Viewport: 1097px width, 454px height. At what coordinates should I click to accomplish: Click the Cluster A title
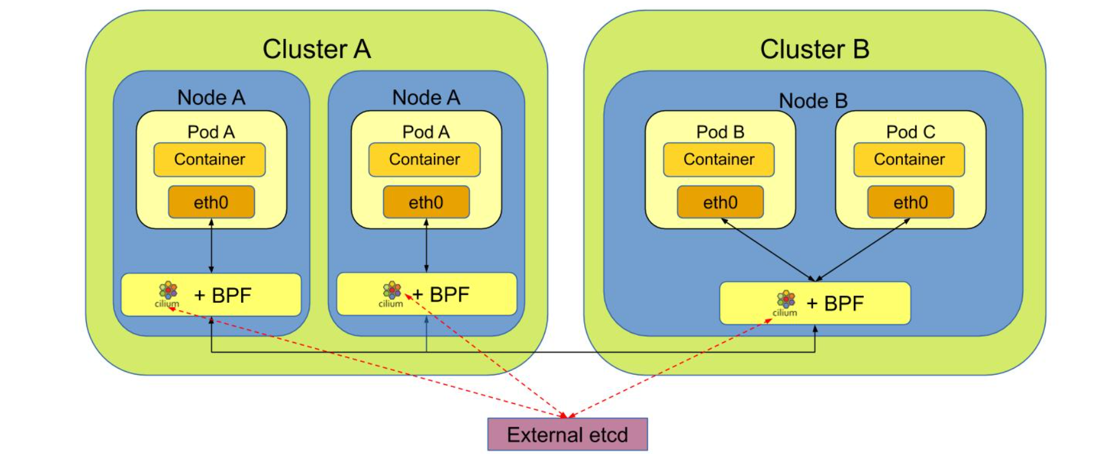316,49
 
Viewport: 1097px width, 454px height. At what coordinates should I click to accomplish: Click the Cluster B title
814,49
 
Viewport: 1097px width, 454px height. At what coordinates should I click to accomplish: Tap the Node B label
813,100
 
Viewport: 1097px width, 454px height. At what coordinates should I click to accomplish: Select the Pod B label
720,132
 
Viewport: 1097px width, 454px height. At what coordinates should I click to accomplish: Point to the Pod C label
910,132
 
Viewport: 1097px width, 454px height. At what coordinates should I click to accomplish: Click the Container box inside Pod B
719,160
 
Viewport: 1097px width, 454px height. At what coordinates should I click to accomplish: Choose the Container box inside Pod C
909,160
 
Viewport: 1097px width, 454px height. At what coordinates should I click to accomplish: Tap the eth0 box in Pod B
720,203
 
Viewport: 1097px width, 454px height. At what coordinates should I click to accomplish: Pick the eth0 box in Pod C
910,203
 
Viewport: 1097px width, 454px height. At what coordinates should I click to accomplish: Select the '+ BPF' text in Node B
835,303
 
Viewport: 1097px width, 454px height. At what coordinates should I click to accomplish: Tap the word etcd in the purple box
608,435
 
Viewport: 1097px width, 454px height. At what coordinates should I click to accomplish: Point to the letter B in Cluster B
861,49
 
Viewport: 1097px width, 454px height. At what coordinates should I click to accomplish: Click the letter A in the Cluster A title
362,49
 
